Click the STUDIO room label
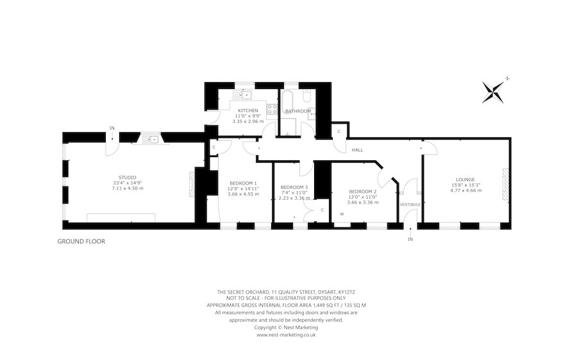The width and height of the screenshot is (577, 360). pyautogui.click(x=128, y=177)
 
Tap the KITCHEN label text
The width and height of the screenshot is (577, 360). pyautogui.click(x=248, y=111)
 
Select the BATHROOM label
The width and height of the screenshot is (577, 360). pyautogui.click(x=298, y=111)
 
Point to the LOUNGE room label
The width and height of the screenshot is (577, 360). pyautogui.click(x=465, y=180)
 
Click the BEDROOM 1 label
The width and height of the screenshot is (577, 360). pyautogui.click(x=243, y=183)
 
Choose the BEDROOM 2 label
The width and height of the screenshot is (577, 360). pyautogui.click(x=362, y=192)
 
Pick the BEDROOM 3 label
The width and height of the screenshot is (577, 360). pyautogui.click(x=294, y=187)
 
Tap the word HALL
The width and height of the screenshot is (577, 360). pyautogui.click(x=357, y=150)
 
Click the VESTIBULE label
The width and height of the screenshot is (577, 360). pyautogui.click(x=410, y=204)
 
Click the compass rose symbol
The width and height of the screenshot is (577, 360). pyautogui.click(x=493, y=92)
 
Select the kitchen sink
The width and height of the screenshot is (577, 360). pyautogui.click(x=242, y=95)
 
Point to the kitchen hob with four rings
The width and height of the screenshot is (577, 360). pyautogui.click(x=272, y=109)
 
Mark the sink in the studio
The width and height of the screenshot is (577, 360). pyautogui.click(x=151, y=140)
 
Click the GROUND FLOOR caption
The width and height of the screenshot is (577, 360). pyautogui.click(x=81, y=241)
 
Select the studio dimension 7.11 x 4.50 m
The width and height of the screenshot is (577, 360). pyautogui.click(x=128, y=188)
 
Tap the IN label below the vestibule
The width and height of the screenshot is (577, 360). pyautogui.click(x=410, y=240)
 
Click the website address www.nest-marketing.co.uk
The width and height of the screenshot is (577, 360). pyautogui.click(x=286, y=335)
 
